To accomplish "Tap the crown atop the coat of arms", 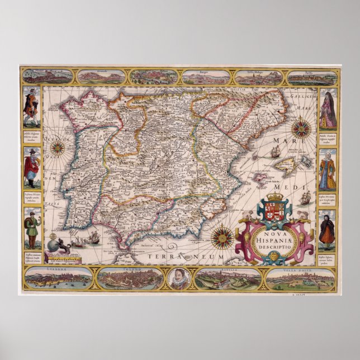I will tap(276, 197).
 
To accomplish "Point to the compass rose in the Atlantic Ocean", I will tap(57, 148).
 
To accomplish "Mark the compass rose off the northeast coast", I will tap(301, 128).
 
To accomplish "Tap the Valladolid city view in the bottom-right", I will tap(300, 278).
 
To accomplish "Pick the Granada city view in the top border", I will tap(101, 76).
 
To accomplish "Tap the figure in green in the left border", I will tap(32, 229).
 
